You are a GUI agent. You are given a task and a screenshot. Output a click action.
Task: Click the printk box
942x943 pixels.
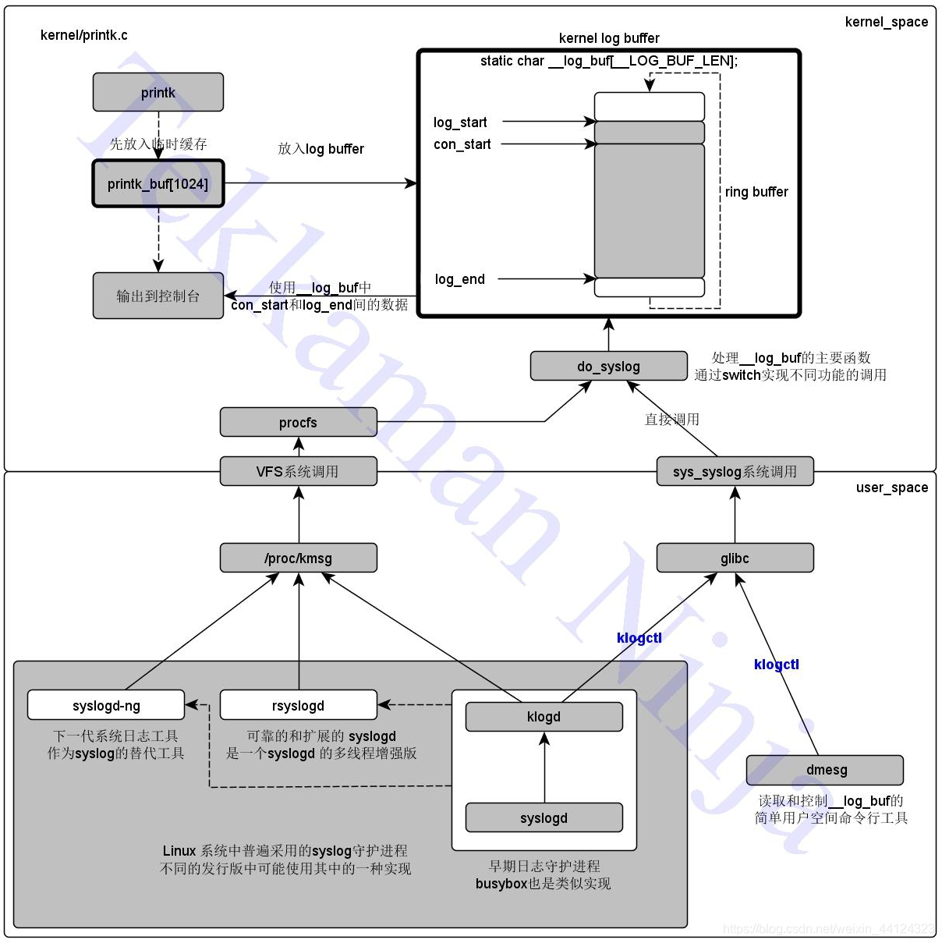pos(158,93)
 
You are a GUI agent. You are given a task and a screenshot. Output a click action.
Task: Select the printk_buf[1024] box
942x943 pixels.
pos(158,184)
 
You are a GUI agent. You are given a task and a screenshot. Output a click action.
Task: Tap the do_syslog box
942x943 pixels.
pos(608,367)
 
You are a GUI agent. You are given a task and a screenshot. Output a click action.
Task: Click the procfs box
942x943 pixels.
pos(298,423)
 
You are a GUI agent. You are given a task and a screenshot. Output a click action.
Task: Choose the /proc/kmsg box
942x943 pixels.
pos(298,558)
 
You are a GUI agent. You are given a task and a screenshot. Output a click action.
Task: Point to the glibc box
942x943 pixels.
pos(735,558)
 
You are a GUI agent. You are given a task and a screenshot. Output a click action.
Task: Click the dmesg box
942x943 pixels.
pos(825,770)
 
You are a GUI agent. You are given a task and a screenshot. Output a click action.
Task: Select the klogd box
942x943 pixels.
pos(544,717)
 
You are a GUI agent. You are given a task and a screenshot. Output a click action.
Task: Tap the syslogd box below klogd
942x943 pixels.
pos(544,818)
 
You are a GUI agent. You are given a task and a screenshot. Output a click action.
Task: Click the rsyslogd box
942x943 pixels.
pos(298,706)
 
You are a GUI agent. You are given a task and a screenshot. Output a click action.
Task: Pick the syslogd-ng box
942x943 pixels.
pos(106,706)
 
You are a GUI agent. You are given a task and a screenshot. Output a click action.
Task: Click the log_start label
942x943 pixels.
pos(460,122)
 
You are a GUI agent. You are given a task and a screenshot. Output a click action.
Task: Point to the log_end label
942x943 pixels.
pos(459,279)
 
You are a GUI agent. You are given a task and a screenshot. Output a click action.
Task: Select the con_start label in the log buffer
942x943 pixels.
pos(462,144)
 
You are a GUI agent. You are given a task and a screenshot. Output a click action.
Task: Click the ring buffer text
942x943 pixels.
pos(756,192)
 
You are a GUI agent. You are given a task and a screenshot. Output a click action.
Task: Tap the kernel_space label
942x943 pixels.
pos(886,22)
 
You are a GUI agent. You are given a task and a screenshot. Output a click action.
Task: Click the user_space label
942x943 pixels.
pos(892,487)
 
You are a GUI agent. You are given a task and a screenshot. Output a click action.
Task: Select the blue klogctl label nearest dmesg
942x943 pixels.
pos(776,665)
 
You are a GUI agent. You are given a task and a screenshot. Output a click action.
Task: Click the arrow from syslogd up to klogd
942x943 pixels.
pos(544,768)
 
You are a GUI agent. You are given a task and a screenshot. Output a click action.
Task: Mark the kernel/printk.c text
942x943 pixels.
pos(83,35)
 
